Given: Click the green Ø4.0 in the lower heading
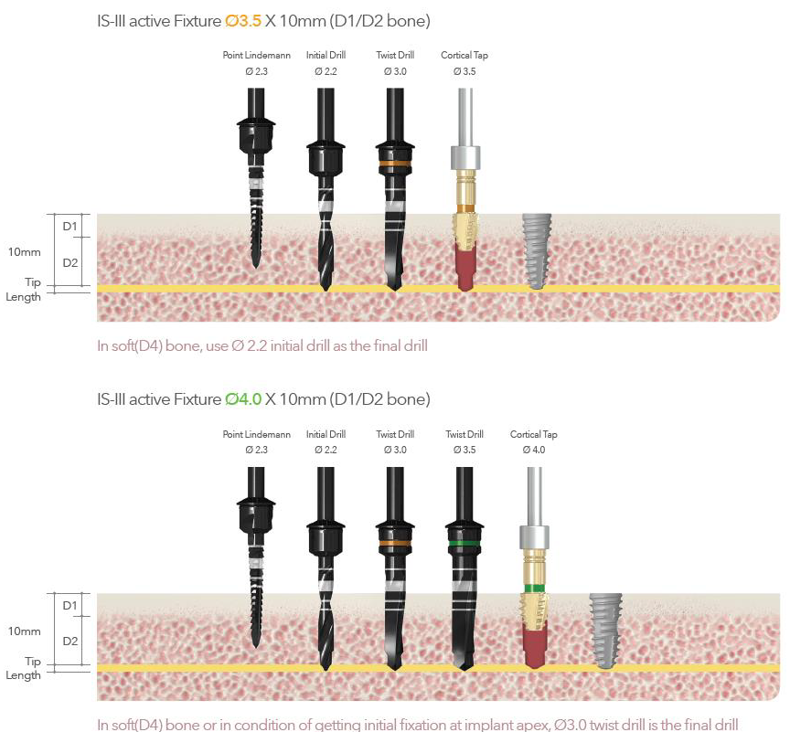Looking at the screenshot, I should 243,398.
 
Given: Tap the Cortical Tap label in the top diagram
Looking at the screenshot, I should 464,56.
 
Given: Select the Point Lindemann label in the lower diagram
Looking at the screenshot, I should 257,434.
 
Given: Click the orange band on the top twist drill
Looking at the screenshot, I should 395,165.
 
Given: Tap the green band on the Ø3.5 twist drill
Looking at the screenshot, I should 464,543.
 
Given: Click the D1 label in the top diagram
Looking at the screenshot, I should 70,225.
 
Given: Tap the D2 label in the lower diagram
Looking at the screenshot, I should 70,641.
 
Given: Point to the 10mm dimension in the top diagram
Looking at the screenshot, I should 25,251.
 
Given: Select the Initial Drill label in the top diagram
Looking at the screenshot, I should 326,56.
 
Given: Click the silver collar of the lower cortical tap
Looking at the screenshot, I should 534,536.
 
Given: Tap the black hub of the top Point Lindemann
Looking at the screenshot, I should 256,138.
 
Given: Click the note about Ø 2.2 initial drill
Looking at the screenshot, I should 262,345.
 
